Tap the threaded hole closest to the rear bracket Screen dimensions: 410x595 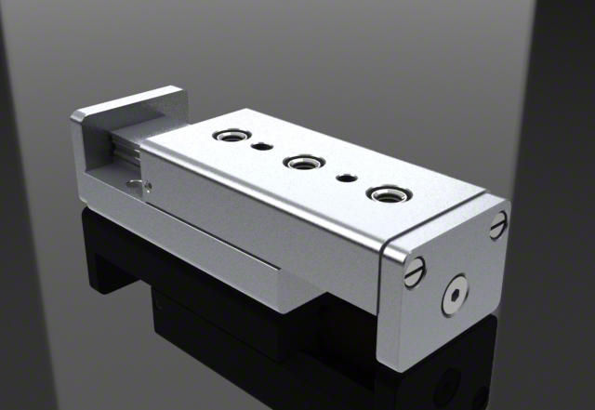[227, 138]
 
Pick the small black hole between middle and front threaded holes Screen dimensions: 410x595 [346, 177]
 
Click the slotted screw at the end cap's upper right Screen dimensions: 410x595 [498, 223]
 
